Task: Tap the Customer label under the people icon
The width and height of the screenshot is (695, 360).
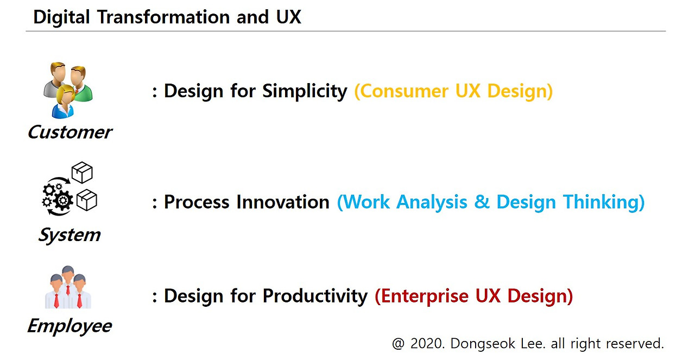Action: (69, 132)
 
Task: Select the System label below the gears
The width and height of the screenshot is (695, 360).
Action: (69, 235)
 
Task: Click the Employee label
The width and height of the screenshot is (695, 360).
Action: (69, 326)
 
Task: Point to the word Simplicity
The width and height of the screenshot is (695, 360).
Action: (305, 91)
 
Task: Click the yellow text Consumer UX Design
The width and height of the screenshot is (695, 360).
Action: (453, 91)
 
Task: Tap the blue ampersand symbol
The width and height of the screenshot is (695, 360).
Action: (482, 202)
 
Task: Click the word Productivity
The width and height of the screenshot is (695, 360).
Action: (315, 296)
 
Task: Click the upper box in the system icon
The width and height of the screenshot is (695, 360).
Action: (82, 172)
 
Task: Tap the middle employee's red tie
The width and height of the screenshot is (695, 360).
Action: (68, 289)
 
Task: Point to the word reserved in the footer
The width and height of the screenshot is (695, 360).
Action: (636, 343)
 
